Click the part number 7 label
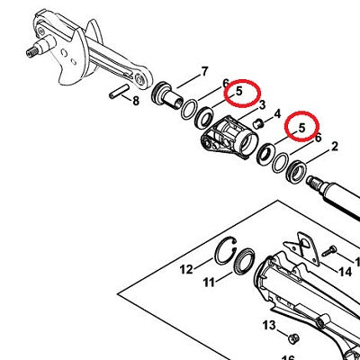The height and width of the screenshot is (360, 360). click(204, 72)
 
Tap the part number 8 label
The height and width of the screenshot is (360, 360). click(136, 101)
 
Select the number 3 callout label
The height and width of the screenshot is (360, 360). click(262, 105)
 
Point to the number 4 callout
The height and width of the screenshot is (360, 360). click(277, 114)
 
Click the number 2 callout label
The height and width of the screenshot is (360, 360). click(334, 147)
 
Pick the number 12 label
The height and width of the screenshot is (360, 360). click(186, 269)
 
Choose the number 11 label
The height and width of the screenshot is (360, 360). click(209, 282)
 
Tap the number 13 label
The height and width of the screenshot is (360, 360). click(269, 325)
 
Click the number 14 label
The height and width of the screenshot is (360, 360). click(345, 272)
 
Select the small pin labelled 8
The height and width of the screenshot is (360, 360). click(119, 91)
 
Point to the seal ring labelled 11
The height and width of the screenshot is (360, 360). click(244, 261)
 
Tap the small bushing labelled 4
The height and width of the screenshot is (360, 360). click(258, 124)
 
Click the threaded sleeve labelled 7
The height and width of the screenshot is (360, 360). click(166, 95)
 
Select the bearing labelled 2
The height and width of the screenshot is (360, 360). click(295, 172)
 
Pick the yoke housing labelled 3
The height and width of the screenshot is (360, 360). click(229, 137)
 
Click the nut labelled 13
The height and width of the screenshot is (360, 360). click(293, 338)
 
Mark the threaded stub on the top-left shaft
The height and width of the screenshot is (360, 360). click(31, 53)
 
